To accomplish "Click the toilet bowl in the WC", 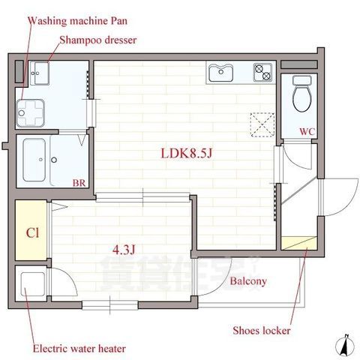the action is [x=302, y=94].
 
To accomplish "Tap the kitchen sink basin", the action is [x=221, y=73].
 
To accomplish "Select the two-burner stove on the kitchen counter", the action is [x=262, y=72].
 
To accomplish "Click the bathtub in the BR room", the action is [x=34, y=160].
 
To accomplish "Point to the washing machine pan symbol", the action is [x=31, y=113].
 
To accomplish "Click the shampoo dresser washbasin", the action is [x=40, y=73].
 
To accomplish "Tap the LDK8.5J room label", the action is [x=186, y=153].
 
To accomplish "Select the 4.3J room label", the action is [x=124, y=249].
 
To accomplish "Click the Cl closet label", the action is [x=32, y=232].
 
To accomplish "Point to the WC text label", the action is [x=307, y=131].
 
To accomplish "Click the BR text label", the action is [x=79, y=183].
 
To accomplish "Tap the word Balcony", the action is [x=248, y=281].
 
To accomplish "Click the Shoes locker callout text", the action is [x=262, y=331].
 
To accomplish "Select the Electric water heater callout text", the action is [x=79, y=349].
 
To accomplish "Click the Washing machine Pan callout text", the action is [x=77, y=21].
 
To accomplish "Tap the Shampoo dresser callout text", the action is [x=98, y=40].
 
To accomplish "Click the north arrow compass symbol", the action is [x=345, y=346].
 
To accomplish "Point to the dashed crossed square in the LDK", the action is [x=262, y=124].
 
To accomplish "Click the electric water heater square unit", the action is [x=33, y=284].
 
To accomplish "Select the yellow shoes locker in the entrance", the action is [x=299, y=243].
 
